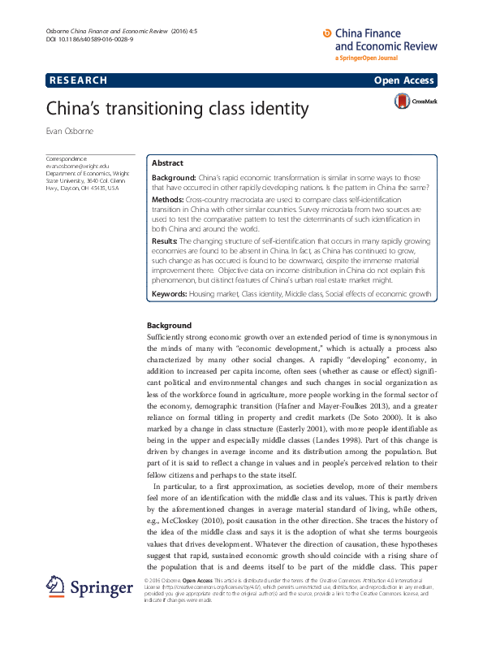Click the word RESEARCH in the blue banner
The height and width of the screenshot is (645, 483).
[x=78, y=80]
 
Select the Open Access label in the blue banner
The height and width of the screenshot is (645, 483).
[x=404, y=80]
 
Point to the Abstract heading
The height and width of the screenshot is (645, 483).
[x=168, y=163]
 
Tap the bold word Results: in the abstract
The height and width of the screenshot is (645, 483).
[x=166, y=241]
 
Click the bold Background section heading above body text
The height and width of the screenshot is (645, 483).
[x=169, y=326]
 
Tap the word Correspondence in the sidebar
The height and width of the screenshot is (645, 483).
[x=67, y=158]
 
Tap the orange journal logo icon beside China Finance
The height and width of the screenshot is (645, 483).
[x=327, y=32]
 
